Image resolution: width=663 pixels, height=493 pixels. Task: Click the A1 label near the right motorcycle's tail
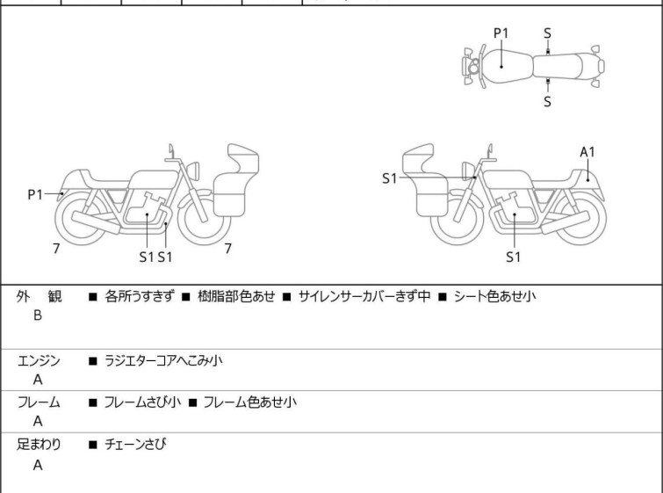[x=587, y=151]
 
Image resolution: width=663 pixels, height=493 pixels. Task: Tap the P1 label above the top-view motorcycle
[x=501, y=33]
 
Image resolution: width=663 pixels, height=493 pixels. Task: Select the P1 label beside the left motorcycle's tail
[x=35, y=194]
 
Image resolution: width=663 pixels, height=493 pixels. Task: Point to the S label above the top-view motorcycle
[x=547, y=33]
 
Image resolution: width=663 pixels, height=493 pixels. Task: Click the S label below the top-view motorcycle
[x=547, y=101]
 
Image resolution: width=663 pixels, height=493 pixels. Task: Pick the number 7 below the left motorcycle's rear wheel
[x=56, y=249]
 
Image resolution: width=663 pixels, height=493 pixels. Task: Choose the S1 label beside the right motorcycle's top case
[x=389, y=178]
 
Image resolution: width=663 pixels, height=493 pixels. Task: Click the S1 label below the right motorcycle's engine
[x=514, y=257]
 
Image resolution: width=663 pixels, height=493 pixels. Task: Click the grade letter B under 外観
[x=38, y=315]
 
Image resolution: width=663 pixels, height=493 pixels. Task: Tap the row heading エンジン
[x=40, y=360]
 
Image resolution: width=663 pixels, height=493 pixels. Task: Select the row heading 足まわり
[x=40, y=445]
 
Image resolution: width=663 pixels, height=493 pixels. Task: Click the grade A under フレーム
[x=38, y=422]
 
